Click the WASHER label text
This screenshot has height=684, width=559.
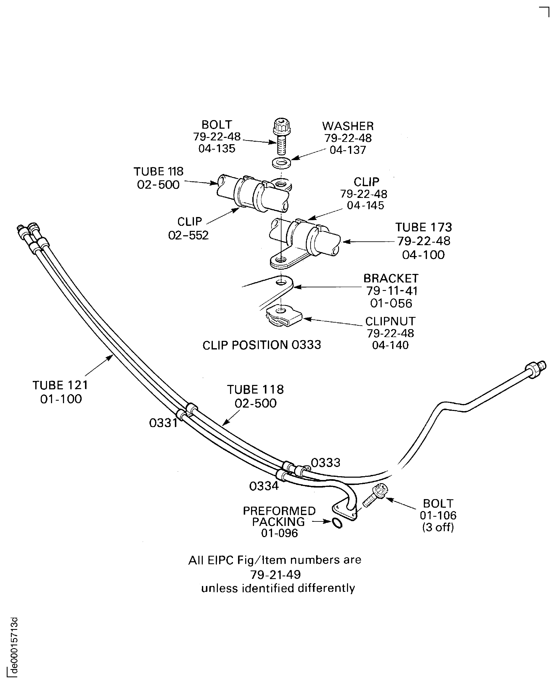click(348, 126)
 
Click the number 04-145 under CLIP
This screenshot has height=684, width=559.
click(365, 205)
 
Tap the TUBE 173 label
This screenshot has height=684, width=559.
click(423, 228)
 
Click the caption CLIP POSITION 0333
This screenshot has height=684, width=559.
click(262, 345)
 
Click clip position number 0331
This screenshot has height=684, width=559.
click(163, 423)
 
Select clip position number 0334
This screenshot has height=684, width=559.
click(264, 486)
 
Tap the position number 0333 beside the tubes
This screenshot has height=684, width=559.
click(326, 463)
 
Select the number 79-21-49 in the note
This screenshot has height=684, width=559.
click(276, 575)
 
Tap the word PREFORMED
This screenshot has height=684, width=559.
click(279, 511)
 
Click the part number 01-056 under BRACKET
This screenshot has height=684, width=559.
click(391, 303)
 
